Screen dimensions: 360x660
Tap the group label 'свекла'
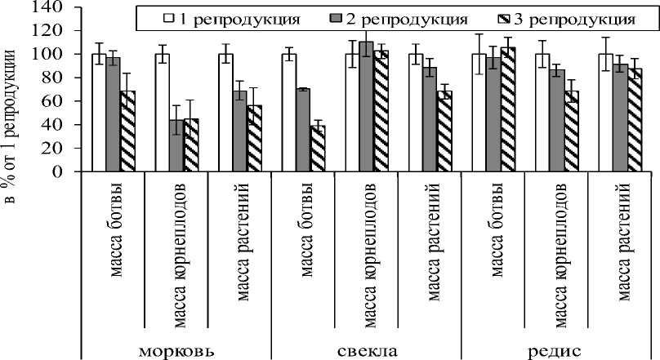coord(366,351)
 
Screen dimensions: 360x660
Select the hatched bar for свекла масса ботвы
coord(316,149)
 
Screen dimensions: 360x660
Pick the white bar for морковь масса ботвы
coord(99,113)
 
